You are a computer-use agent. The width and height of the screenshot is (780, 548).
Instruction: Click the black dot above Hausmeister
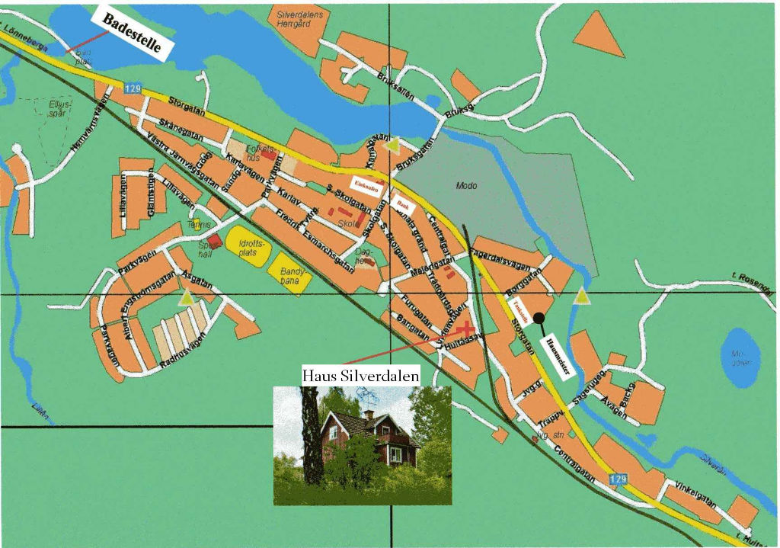click(539, 318)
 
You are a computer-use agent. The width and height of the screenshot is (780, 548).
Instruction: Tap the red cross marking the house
click(467, 329)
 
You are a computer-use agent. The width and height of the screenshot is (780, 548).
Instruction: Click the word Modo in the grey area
click(465, 185)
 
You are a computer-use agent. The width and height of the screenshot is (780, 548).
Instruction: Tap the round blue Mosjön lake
click(739, 355)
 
